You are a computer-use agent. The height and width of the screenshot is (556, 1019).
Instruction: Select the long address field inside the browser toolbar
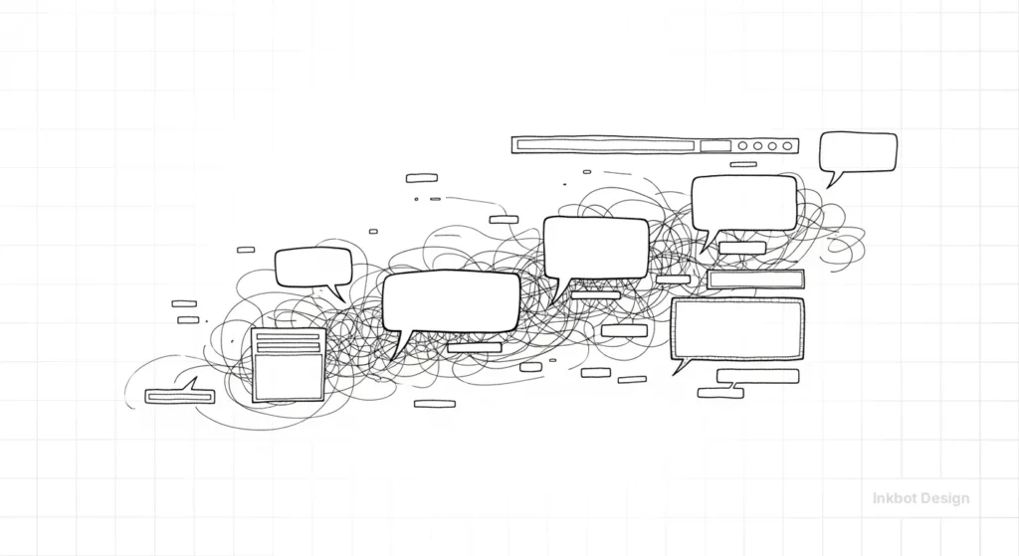click(605, 145)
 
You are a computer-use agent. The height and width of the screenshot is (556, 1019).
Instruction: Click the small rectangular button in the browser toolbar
click(714, 145)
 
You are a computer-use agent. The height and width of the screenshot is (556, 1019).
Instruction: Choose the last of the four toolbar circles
click(787, 145)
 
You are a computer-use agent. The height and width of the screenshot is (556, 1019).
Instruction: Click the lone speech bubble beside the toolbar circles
click(858, 152)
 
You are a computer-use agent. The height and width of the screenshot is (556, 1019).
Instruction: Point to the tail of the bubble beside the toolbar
click(832, 181)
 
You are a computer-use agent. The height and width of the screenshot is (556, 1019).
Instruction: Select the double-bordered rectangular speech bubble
click(737, 328)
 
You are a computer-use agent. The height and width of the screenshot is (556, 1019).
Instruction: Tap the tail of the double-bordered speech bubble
click(680, 368)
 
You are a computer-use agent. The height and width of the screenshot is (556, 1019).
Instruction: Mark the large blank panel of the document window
click(288, 376)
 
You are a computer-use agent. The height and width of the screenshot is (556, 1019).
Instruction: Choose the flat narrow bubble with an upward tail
click(179, 396)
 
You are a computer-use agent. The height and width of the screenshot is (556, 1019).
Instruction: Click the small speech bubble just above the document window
click(313, 267)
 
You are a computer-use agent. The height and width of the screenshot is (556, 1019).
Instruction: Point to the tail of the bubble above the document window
click(338, 294)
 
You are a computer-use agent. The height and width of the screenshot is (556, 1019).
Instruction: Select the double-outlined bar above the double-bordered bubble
click(755, 279)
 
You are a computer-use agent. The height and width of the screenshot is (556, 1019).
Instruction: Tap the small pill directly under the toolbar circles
click(742, 164)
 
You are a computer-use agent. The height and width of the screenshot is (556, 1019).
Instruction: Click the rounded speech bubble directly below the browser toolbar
click(744, 203)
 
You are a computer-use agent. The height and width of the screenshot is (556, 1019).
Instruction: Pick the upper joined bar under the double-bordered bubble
click(757, 376)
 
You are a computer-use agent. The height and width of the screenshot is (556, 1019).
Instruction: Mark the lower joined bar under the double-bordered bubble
click(720, 393)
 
